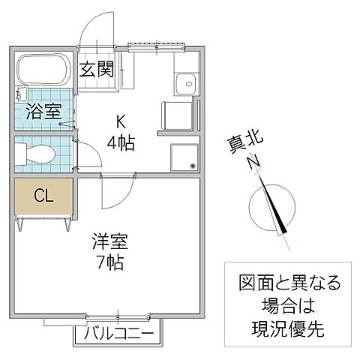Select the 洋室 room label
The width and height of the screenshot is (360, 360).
pyautogui.click(x=109, y=243)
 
